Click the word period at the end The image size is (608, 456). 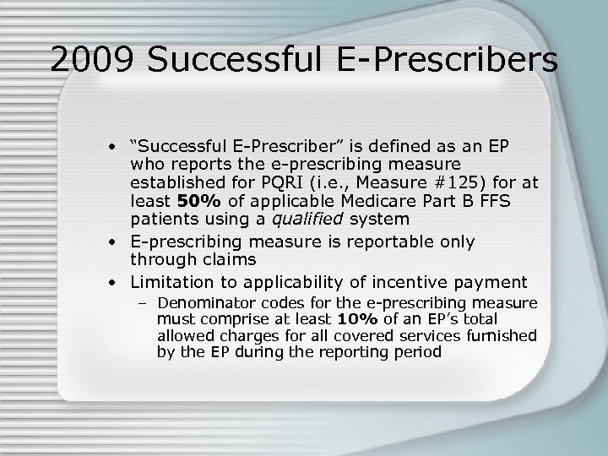coord(415,351)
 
